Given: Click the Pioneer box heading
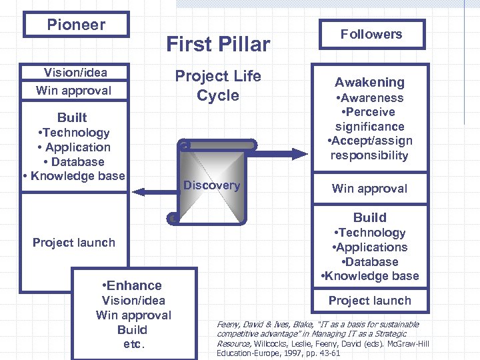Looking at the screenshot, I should tap(75, 25).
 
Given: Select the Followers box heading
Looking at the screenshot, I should tap(371, 34).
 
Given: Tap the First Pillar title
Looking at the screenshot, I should tap(218, 45).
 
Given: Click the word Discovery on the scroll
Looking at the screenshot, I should tap(211, 185).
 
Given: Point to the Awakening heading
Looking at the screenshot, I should tap(369, 82).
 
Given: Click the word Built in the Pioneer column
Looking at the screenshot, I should tap(72, 117).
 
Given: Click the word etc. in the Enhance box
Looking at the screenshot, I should tap(133, 345).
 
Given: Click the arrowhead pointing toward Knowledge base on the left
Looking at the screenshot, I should tap(139, 192).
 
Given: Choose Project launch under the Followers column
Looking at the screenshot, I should tap(369, 301).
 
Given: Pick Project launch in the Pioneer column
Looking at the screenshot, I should tap(73, 243).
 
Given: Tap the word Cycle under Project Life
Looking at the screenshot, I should tap(218, 95).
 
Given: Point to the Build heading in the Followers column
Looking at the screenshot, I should tap(369, 217).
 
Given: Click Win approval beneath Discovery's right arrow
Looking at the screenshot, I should tap(369, 188).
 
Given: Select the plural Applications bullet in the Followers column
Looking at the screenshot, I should tap(371, 247).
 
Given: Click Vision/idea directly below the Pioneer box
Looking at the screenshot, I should tap(75, 73).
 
